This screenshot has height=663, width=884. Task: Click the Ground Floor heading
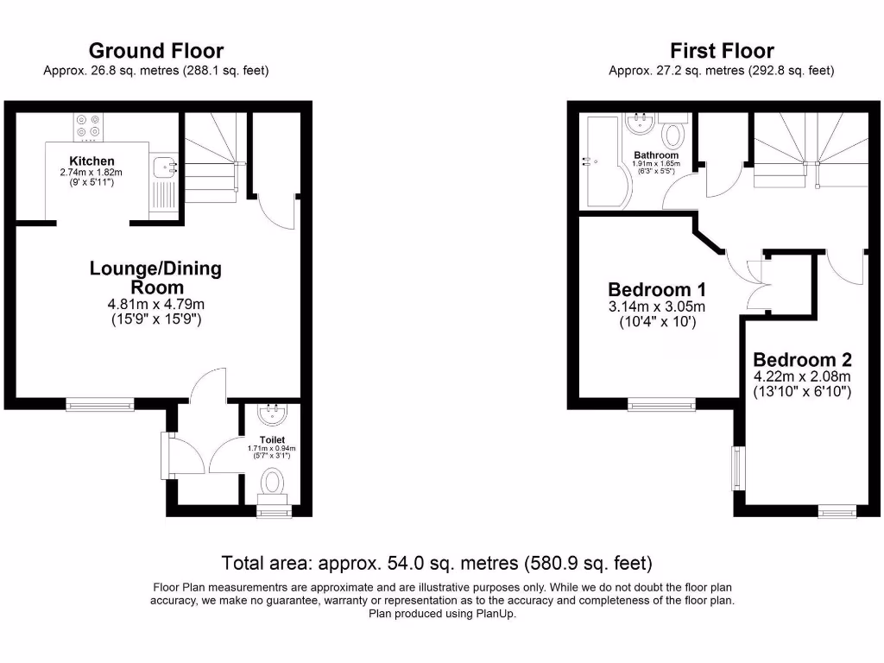tap(155, 52)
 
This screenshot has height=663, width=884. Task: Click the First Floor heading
tap(722, 52)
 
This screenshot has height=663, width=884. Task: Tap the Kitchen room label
tap(92, 161)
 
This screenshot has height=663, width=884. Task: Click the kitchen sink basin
tap(161, 167)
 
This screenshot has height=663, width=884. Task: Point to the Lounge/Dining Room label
tap(155, 277)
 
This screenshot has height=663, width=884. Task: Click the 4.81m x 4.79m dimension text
tap(155, 304)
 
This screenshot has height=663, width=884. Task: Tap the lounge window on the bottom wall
tap(101, 402)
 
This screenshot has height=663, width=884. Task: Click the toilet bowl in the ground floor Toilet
tap(275, 482)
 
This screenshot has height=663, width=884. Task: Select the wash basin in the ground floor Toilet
tap(273, 415)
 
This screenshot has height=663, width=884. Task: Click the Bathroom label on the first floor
tap(655, 155)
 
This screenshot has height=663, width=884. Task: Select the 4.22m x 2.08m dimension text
tap(802, 376)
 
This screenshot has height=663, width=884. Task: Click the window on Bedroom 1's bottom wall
tap(660, 402)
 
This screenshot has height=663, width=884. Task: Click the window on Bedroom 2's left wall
tap(736, 467)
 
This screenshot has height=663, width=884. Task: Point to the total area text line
tap(437, 564)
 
